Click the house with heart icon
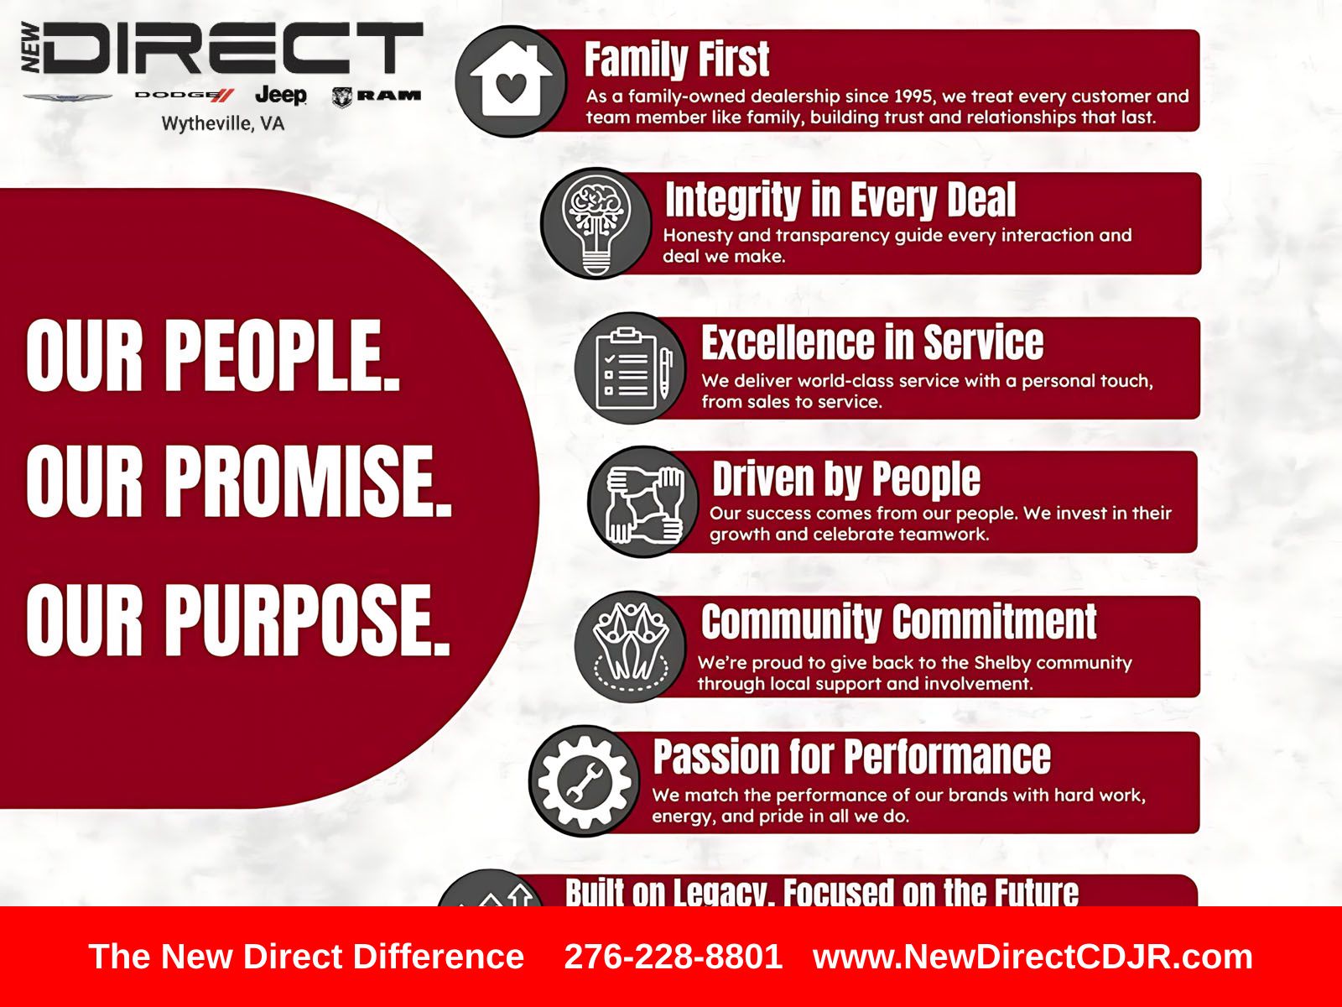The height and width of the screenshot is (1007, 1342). [x=511, y=81]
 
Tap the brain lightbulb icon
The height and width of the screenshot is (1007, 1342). [x=596, y=223]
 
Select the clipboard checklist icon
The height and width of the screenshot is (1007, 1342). [x=631, y=368]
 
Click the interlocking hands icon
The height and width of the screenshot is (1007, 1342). [x=643, y=501]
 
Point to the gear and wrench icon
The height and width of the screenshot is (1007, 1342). [x=585, y=780]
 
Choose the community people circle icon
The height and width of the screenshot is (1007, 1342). [x=631, y=646]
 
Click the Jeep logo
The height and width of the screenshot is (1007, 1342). [x=281, y=96]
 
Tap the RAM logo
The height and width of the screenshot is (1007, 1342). [x=377, y=96]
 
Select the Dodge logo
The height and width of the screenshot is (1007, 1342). [x=184, y=95]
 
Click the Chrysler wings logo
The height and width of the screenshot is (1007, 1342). [x=68, y=97]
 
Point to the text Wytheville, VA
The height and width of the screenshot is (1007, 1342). [x=223, y=124]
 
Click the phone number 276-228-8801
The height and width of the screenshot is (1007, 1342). [x=674, y=957]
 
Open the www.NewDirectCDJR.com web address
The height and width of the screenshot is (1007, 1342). [x=1033, y=957]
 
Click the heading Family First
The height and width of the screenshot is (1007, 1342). [x=677, y=60]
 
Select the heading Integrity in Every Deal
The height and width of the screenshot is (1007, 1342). [x=840, y=200]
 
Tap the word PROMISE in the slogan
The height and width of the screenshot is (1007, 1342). [x=309, y=481]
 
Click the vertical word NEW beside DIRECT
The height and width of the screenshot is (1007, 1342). [x=31, y=48]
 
